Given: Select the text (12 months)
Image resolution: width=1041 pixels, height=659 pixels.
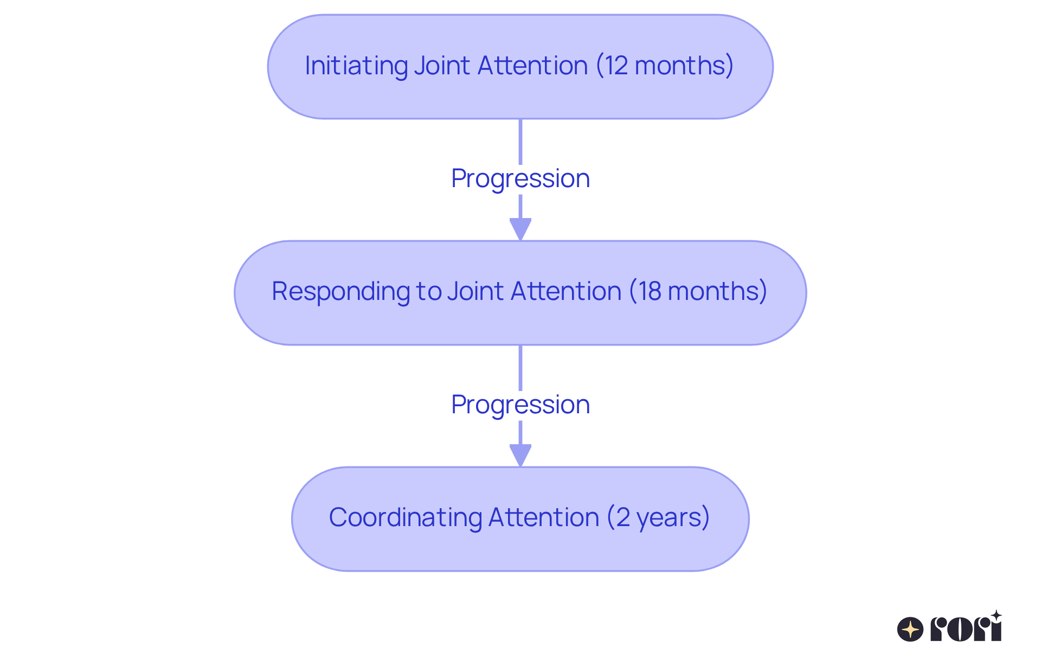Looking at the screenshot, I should point(665,66).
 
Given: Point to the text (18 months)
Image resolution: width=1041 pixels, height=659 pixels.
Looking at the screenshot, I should point(698,291).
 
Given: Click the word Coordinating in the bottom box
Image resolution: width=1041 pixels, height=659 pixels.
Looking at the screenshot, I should point(405,517).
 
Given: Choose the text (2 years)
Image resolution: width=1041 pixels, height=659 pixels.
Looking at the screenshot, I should point(658,517).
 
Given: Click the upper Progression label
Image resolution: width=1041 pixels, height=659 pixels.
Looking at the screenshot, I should point(520,178).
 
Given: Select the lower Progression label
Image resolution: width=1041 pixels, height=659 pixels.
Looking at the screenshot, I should point(520,405).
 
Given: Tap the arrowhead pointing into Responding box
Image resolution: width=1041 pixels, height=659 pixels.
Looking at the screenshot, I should point(520,228).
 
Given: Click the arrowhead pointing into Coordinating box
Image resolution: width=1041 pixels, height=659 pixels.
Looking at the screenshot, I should point(520,455).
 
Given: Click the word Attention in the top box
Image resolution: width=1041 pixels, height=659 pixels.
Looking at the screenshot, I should point(532,66).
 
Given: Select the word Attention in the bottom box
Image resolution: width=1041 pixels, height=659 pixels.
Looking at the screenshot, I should point(544,517).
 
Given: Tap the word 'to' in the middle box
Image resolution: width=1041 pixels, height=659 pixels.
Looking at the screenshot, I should point(429,291).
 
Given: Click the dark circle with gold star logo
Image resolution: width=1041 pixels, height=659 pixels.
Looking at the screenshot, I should point(910,629).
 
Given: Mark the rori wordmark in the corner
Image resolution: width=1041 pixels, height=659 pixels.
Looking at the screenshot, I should point(966,628).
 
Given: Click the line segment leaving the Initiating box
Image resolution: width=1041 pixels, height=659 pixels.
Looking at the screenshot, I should point(520,141).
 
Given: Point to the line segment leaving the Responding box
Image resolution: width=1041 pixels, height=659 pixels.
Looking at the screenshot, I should point(520,367).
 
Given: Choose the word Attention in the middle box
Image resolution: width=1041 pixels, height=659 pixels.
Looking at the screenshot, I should point(566,291).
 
